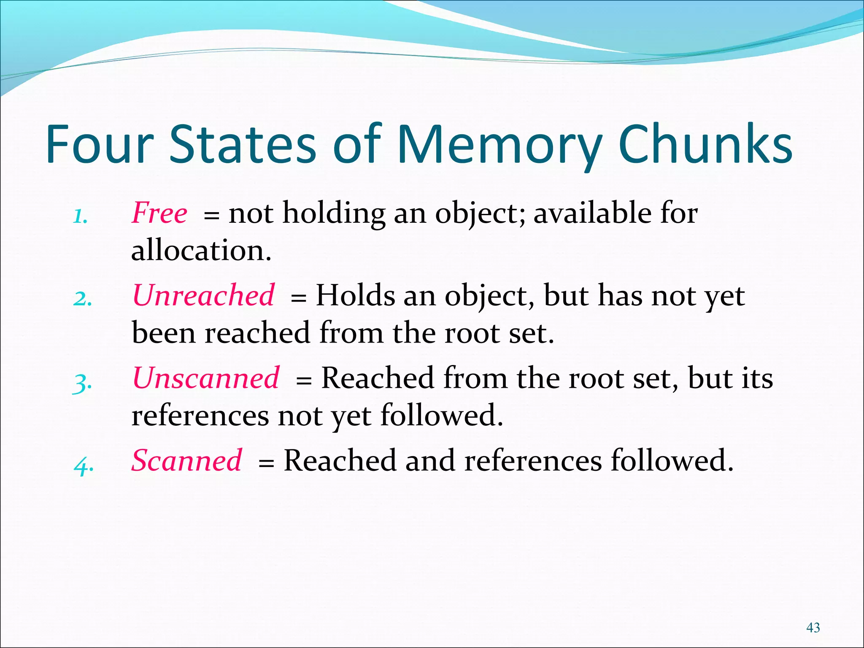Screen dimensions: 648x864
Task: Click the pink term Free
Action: coord(159,213)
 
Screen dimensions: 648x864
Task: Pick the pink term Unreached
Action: coord(203,295)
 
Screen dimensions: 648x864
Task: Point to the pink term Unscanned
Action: coord(206,378)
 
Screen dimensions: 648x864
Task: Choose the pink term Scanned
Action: coord(187,460)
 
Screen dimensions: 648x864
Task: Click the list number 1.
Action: coord(80,217)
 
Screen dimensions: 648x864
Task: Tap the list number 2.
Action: coord(82,299)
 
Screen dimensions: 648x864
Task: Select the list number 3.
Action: coord(82,383)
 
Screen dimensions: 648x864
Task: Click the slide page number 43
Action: coord(813,628)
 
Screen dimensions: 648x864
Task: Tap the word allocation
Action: coord(201,251)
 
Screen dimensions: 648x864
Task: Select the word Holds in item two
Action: coord(355,295)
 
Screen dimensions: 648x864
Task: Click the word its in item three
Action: coord(757,378)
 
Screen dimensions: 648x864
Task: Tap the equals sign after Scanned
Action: coord(266,463)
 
